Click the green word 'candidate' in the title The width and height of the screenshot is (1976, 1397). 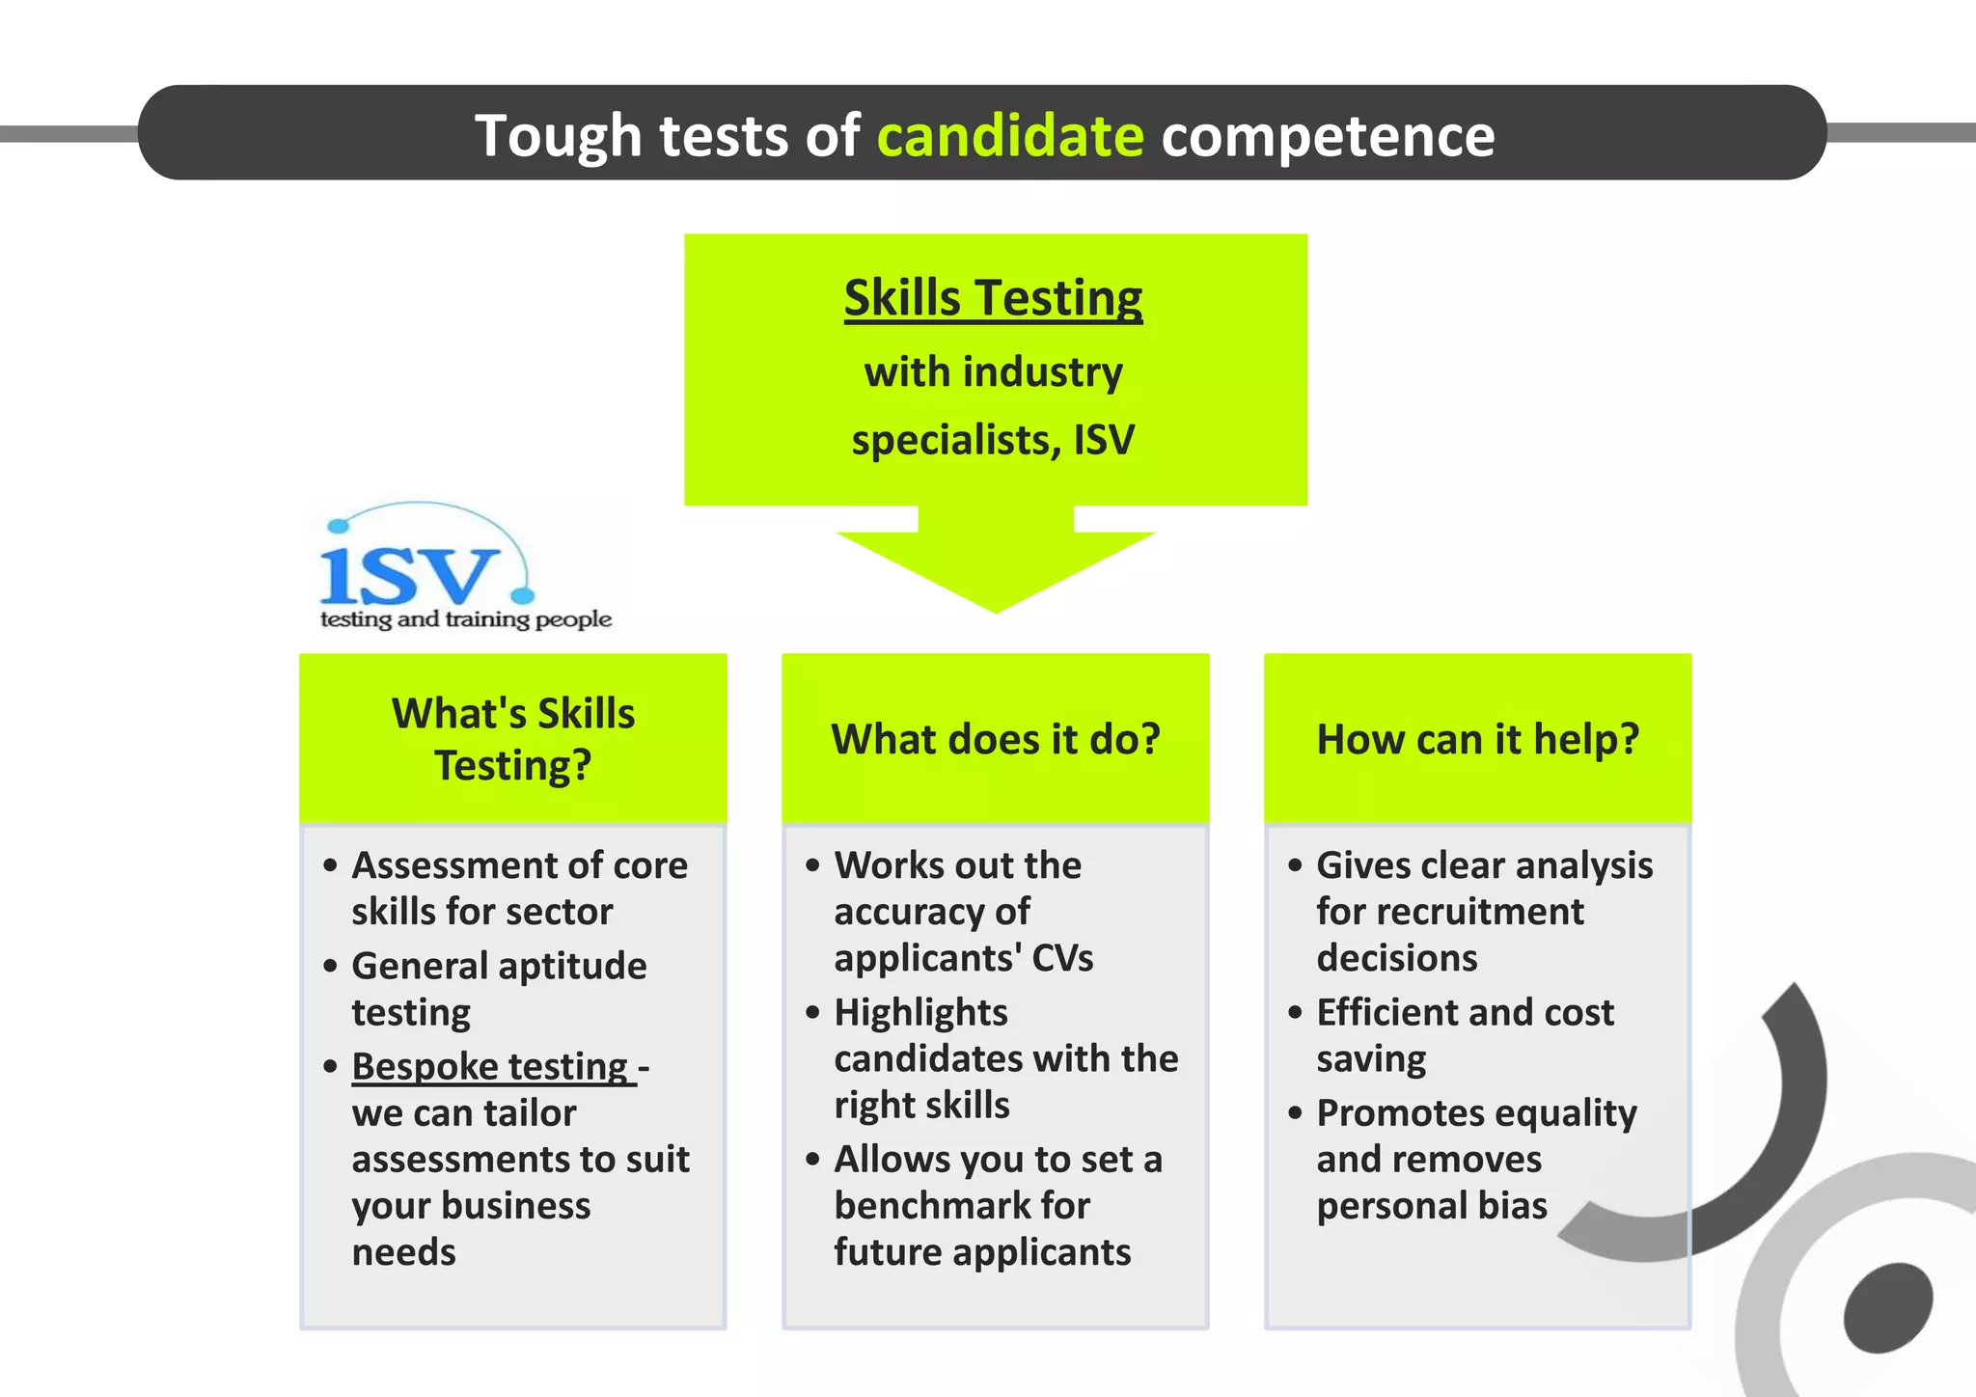tap(1009, 135)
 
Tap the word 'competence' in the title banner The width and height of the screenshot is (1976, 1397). tap(1328, 135)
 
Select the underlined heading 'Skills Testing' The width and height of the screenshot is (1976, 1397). tap(993, 297)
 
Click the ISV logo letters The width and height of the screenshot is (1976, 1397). tap(410, 575)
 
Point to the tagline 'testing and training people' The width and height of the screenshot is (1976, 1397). tap(466, 619)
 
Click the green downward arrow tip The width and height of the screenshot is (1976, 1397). tap(996, 603)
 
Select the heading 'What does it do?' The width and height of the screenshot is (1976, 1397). tap(996, 739)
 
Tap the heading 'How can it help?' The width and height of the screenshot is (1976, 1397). tap(1477, 739)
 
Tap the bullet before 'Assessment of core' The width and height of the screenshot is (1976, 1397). tap(331, 865)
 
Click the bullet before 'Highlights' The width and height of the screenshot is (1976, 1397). tap(813, 1012)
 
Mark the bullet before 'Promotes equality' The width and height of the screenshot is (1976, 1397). tap(1296, 1113)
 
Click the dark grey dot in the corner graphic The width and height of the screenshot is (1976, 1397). tap(1887, 1307)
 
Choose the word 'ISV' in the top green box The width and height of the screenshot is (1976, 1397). tap(1104, 440)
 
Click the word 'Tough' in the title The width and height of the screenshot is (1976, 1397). tap(558, 135)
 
